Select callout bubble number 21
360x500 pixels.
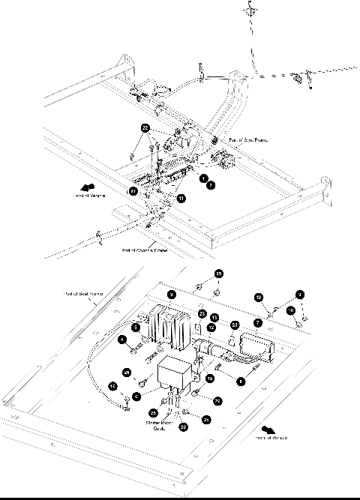point(133,191)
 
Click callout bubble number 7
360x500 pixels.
point(257,322)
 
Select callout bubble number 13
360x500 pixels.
point(214,317)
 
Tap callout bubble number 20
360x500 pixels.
point(184,427)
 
